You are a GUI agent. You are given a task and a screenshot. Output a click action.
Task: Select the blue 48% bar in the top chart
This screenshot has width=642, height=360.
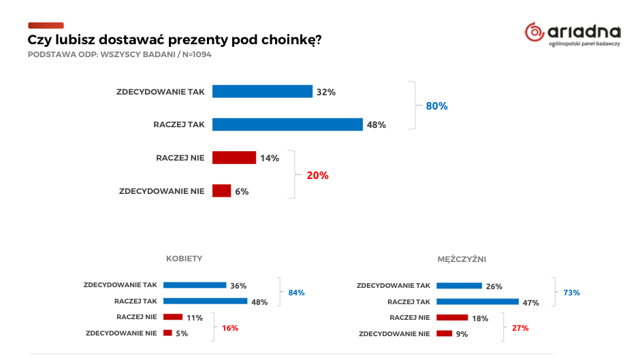(x=287, y=125)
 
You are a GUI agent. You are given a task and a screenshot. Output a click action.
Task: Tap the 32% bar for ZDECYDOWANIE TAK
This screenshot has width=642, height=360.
(x=262, y=92)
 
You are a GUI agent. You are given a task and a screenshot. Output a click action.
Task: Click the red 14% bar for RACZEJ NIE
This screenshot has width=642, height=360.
(x=234, y=158)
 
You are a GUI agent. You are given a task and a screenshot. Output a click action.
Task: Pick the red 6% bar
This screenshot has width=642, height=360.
(x=222, y=191)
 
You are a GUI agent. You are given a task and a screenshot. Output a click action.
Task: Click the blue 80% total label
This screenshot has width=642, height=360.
(x=436, y=106)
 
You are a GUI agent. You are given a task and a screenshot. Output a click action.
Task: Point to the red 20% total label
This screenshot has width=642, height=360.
(x=317, y=175)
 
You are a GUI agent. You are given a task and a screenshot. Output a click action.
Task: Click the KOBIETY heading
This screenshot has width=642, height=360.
(x=184, y=259)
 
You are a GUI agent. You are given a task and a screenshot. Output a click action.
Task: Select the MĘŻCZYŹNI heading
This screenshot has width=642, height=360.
(x=462, y=259)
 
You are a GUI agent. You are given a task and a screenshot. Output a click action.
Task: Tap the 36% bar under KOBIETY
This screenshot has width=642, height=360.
(x=195, y=285)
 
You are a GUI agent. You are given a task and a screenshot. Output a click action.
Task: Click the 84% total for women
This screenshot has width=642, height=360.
(x=296, y=293)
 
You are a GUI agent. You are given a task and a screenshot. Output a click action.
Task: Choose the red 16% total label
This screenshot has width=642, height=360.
(x=230, y=328)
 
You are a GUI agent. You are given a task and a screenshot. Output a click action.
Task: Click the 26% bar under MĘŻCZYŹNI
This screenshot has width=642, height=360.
(x=459, y=286)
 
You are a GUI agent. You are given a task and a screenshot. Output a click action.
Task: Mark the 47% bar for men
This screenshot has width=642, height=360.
(x=477, y=301)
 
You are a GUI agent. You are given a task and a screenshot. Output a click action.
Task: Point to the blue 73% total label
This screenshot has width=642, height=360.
(x=571, y=293)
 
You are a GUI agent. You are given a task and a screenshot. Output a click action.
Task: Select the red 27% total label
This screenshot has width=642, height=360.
(x=520, y=328)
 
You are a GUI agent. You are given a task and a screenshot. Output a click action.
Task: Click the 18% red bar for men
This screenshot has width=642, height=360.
(x=452, y=317)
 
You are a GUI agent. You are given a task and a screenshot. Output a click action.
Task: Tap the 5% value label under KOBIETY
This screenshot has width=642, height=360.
(x=182, y=333)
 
